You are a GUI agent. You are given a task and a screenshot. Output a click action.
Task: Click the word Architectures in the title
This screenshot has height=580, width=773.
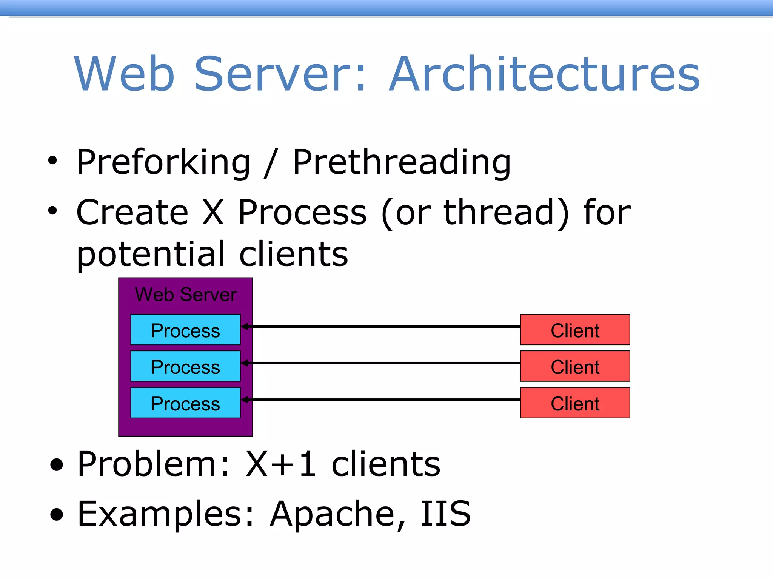pos(544,74)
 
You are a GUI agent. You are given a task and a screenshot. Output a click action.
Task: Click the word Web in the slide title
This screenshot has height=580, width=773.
pos(125,74)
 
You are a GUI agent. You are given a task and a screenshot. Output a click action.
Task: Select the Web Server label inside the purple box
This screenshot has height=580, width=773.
pos(186,295)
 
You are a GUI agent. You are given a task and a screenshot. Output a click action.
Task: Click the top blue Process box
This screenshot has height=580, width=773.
pos(185,330)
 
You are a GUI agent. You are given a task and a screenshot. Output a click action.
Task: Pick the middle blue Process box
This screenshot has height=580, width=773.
pos(185,366)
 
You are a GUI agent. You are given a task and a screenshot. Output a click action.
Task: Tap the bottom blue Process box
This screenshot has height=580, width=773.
pos(185,403)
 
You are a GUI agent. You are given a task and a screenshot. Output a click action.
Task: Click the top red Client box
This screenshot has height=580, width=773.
pos(575,330)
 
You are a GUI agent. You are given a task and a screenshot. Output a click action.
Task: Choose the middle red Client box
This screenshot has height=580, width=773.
pos(575,366)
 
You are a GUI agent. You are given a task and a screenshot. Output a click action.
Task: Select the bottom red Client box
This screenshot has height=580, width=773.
pos(575,403)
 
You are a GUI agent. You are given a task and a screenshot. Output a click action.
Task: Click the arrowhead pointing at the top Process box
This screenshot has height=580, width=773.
pos(245,327)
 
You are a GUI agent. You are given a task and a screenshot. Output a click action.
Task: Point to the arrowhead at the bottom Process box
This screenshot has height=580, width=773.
pos(245,400)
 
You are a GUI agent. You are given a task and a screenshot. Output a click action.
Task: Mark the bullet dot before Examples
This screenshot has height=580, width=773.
pos(57,514)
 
